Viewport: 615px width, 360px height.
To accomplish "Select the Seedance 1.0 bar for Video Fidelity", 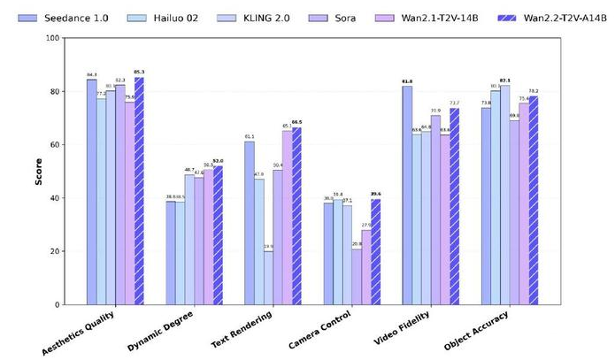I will tap(407, 195).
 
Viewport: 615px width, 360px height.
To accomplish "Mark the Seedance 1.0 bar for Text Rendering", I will tap(250, 223).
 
